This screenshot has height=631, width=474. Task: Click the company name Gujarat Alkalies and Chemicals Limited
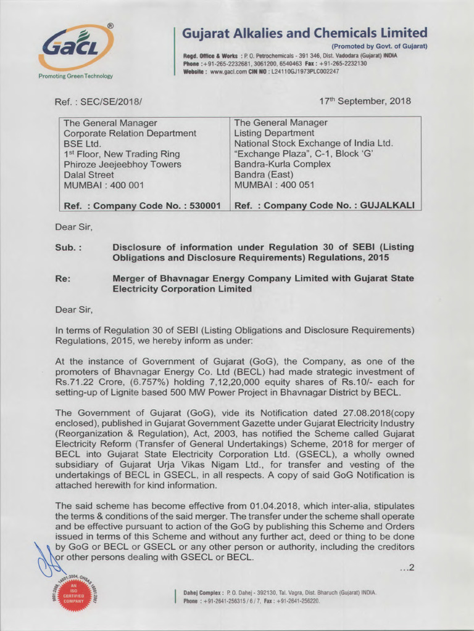(x=305, y=33)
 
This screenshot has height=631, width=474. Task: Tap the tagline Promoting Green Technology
(x=75, y=76)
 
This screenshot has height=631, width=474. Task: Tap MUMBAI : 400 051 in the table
(x=268, y=185)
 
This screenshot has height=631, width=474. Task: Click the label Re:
(x=63, y=279)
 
